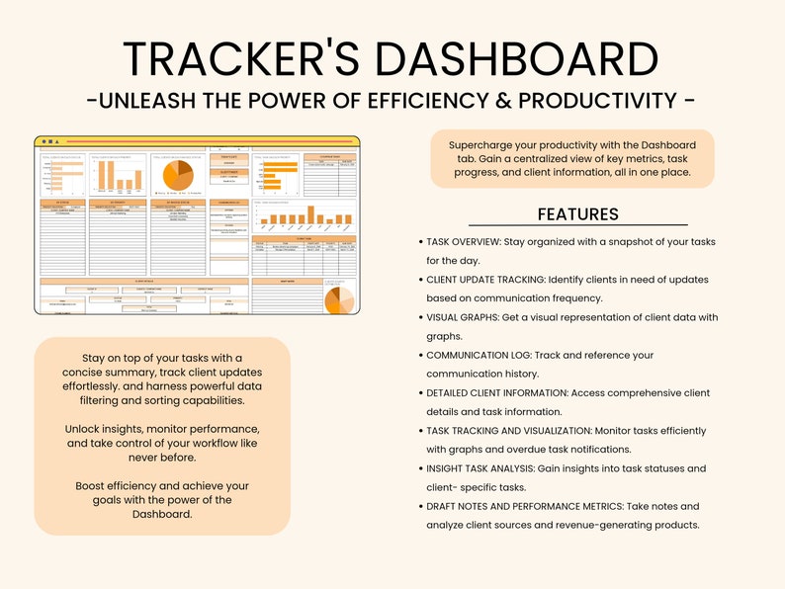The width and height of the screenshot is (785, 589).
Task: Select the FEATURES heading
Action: point(578,214)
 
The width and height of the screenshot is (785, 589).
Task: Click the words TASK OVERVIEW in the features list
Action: point(470,242)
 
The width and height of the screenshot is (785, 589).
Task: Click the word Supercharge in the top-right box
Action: point(481,144)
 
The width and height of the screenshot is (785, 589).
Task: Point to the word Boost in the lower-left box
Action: point(93,486)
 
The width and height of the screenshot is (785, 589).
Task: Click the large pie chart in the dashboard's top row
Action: point(179,175)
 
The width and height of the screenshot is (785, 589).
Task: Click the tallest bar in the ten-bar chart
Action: point(310,215)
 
